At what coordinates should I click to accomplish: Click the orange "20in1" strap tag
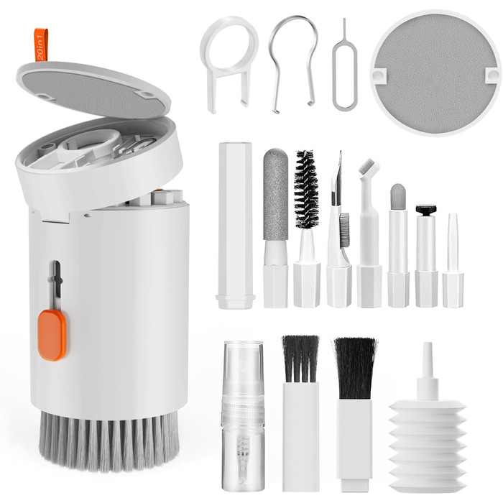pos(42,45)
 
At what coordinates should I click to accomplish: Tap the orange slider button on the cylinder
pos(52,335)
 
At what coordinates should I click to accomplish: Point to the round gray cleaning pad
pos(435,73)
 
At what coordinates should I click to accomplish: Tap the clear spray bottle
pos(243,417)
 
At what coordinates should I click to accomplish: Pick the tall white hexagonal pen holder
pos(235,226)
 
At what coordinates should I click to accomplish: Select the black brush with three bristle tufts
pos(300,359)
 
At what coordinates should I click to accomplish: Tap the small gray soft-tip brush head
pos(398,196)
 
